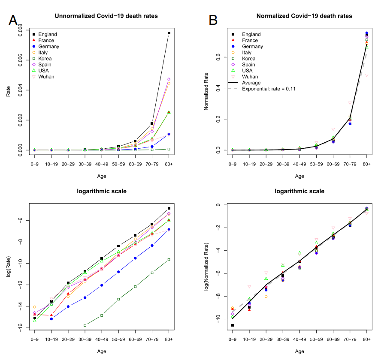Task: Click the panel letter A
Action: [13, 20]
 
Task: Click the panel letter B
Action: [213, 20]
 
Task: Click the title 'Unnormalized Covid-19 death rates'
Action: [106, 16]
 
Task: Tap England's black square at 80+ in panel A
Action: [169, 33]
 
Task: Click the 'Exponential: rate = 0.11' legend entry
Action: [269, 89]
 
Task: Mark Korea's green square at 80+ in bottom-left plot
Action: [169, 260]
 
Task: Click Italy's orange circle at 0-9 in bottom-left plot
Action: [35, 307]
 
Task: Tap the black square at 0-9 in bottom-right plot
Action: [233, 325]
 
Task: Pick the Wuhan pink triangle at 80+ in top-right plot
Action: [367, 75]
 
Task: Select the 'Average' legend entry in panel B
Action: [252, 83]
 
